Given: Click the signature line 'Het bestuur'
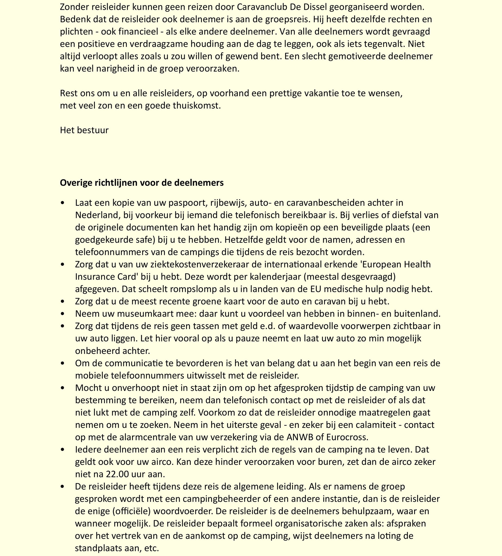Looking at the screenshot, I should tap(84, 130).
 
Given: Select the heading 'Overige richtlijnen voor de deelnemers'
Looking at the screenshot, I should tap(142, 183).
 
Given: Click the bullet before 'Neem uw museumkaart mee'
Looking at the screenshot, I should tap(63, 314).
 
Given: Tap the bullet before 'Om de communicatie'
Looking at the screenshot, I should tap(63, 363).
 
